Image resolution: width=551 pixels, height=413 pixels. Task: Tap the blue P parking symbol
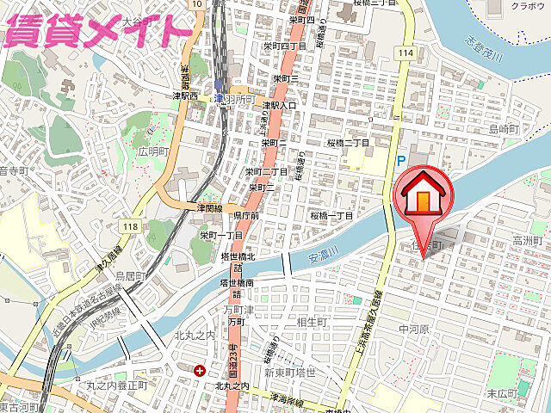click(400, 161)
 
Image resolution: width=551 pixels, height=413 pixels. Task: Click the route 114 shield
click(406, 52)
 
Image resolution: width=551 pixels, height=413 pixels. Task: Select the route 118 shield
click(130, 225)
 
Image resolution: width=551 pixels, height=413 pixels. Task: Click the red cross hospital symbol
click(200, 371)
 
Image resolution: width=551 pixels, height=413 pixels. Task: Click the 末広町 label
click(524, 392)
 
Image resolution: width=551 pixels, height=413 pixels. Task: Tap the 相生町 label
click(311, 322)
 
